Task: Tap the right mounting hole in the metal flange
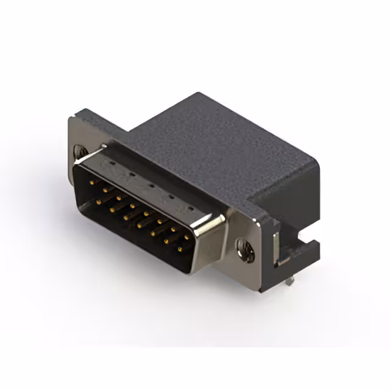246,250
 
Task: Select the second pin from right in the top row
174,231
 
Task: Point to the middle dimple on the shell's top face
150,183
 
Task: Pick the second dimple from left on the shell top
129,173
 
